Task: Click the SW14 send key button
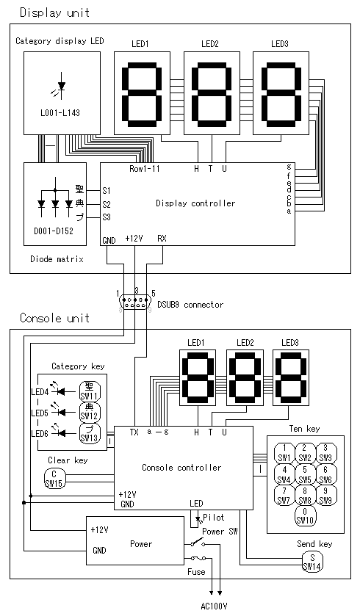click(312, 562)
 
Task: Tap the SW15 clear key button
click(54, 479)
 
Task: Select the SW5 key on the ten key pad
click(305, 474)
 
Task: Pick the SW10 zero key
click(305, 516)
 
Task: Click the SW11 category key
click(90, 391)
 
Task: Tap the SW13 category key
click(90, 433)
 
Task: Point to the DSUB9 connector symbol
click(135, 302)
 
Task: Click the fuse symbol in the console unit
click(198, 558)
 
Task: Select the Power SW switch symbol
click(198, 544)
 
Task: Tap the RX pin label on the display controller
click(162, 238)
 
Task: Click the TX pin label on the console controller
click(134, 432)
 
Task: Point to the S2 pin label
click(107, 204)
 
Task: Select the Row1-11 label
click(145, 169)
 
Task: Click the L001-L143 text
click(60, 113)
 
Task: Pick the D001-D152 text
click(54, 231)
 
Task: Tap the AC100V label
click(214, 606)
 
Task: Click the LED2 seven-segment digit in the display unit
click(212, 93)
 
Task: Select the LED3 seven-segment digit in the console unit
click(291, 377)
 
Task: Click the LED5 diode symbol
click(60, 412)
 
